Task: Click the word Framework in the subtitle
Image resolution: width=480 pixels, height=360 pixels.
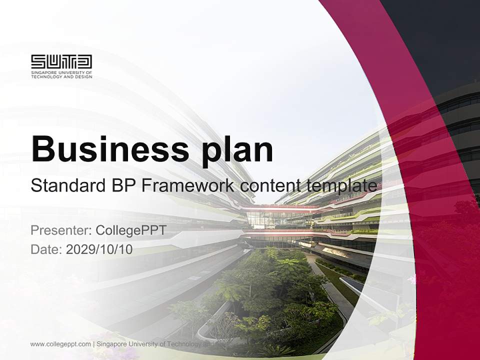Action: (x=187, y=185)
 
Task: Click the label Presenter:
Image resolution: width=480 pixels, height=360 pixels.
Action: (x=60, y=230)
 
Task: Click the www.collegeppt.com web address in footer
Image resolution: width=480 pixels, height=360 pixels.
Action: (x=60, y=344)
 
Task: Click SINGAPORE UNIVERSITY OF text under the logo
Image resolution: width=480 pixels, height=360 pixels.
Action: (x=61, y=72)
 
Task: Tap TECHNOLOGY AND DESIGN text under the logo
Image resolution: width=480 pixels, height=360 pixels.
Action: (x=61, y=76)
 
